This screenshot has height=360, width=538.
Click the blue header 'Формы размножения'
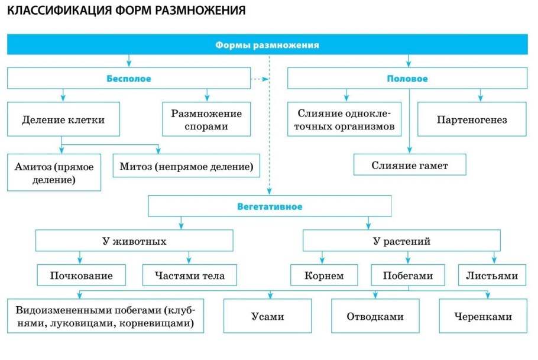click(267, 44)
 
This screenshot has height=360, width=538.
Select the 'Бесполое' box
click(129, 79)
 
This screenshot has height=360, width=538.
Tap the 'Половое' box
click(407, 79)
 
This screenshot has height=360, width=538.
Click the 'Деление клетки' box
click(63, 120)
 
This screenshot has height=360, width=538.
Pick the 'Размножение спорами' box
click(206, 120)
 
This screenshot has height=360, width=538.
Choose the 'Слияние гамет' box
click(410, 166)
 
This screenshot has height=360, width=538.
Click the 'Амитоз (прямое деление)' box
click(54, 171)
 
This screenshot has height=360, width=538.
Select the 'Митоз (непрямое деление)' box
click(186, 166)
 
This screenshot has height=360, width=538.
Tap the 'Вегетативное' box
click(270, 207)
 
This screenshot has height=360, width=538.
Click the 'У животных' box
click(134, 241)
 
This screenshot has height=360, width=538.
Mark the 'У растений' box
click(401, 241)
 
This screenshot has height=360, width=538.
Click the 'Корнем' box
click(324, 275)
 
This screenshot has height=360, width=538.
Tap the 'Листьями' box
click(491, 275)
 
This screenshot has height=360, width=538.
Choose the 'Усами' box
click(267, 316)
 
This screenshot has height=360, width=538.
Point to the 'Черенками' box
click(483, 316)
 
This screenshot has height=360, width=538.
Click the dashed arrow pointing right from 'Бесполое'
click(258, 79)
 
